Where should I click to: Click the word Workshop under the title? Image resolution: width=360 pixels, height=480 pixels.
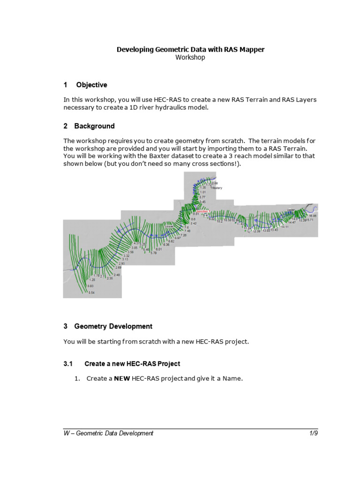(190, 57)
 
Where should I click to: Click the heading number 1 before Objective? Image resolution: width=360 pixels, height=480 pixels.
(66, 85)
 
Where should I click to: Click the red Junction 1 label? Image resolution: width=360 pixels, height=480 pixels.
(202, 211)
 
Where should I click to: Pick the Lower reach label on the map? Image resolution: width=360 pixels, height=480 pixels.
(170, 226)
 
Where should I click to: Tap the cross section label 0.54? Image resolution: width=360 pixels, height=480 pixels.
(91, 293)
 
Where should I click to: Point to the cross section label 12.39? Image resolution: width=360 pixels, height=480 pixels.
(256, 231)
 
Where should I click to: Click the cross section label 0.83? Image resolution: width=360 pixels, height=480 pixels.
(91, 286)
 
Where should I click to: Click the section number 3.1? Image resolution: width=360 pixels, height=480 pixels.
(69, 364)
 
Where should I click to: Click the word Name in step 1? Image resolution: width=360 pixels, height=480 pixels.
(232, 379)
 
